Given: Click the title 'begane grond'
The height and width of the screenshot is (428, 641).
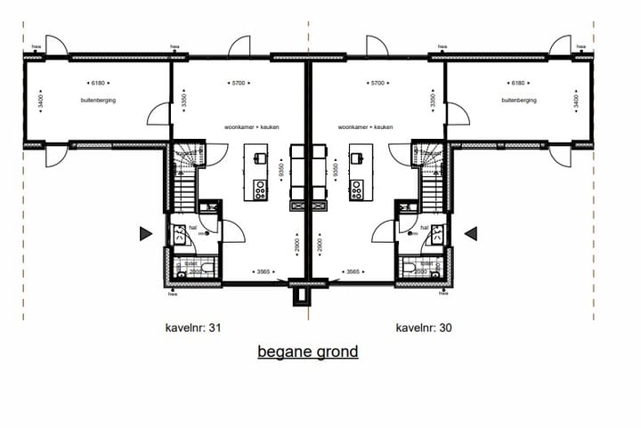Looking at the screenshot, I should (x=308, y=351).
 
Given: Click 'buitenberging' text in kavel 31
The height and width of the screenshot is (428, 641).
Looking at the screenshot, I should (x=99, y=101).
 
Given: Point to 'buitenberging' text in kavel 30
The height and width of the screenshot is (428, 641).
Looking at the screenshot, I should (x=519, y=101).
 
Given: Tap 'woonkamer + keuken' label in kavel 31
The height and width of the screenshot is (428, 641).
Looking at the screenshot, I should (x=252, y=127).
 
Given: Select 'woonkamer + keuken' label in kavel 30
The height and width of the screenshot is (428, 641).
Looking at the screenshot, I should (x=366, y=127).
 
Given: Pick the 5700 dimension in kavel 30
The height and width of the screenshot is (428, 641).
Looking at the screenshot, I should (x=376, y=83).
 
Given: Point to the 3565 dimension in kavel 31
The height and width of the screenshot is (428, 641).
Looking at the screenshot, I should (x=262, y=271).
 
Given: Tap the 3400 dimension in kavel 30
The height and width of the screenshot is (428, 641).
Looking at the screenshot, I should (x=577, y=103).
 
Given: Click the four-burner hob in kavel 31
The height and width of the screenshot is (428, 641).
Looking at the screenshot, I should (x=261, y=189).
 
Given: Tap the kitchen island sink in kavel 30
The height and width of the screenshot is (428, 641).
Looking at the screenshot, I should (x=356, y=157).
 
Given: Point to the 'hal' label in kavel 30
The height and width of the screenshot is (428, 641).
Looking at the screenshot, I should (x=425, y=228).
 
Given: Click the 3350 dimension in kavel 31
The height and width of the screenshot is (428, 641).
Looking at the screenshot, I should (x=183, y=101).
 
